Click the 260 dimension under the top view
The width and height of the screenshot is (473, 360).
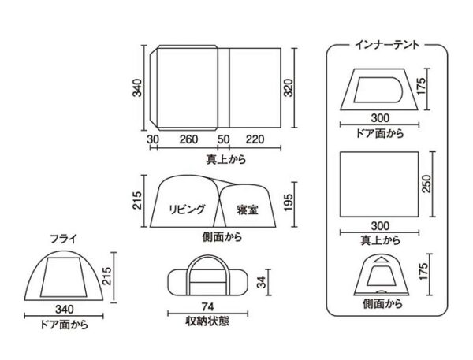(188, 139)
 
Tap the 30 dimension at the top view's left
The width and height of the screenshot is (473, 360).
(153, 139)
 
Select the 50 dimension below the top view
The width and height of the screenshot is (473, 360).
(224, 139)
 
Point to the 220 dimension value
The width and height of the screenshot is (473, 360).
(255, 139)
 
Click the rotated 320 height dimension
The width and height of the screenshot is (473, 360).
(289, 87)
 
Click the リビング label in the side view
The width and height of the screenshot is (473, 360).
(187, 209)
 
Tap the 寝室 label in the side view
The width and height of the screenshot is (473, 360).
(248, 210)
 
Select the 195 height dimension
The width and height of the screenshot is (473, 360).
(289, 202)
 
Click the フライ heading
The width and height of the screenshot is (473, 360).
(64, 239)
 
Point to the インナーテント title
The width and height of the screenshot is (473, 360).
(387, 45)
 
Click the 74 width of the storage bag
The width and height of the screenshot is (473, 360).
(208, 306)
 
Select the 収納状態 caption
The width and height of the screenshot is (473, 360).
(207, 321)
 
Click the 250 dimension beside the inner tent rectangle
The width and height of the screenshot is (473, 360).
(426, 184)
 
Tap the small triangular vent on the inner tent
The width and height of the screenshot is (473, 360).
(382, 259)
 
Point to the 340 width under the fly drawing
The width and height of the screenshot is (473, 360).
(65, 310)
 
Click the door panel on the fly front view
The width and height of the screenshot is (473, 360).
(64, 277)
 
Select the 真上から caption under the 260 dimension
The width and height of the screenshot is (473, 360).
(226, 159)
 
